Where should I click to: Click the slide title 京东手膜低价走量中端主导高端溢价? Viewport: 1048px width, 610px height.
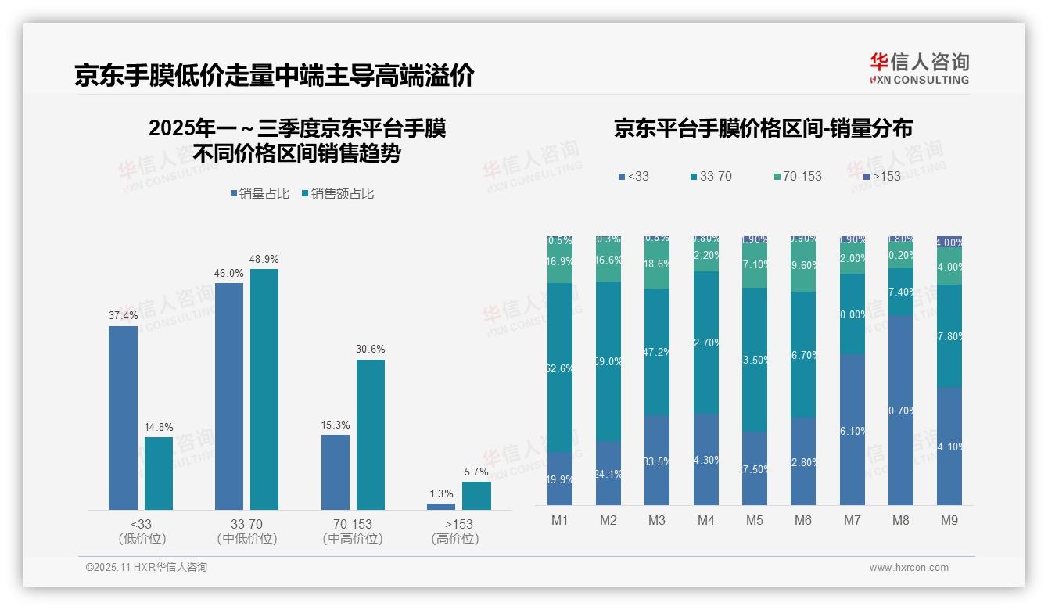tap(274, 76)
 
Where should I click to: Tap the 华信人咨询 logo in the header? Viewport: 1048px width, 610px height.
tap(919, 69)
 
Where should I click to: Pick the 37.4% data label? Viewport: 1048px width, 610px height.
tap(123, 315)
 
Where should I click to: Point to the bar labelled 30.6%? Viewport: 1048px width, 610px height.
tap(371, 434)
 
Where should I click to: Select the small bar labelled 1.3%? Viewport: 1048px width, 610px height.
tap(441, 507)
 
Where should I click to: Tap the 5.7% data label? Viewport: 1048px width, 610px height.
tap(476, 472)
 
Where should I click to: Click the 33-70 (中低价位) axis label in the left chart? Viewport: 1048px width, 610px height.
tap(247, 531)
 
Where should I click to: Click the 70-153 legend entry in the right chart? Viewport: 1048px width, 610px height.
tap(797, 177)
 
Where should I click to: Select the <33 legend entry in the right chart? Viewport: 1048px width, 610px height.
tap(633, 177)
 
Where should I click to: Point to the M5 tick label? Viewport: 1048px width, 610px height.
tap(754, 520)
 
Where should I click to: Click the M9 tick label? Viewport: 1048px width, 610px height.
tap(949, 520)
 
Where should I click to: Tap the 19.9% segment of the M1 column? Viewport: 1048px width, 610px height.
tap(560, 479)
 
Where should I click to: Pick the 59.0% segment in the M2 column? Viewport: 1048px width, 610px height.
tap(608, 361)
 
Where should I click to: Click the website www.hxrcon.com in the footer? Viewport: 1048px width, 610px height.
tap(909, 568)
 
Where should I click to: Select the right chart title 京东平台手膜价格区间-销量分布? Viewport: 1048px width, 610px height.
tap(763, 128)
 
